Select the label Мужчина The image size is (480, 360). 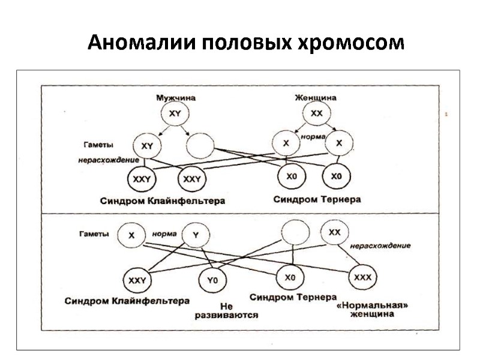pyautogui.click(x=176, y=97)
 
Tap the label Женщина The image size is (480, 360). pyautogui.click(x=315, y=97)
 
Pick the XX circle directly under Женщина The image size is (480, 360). pyautogui.click(x=316, y=113)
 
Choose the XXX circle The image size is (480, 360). pyautogui.click(x=362, y=278)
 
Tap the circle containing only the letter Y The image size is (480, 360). pyautogui.click(x=195, y=235)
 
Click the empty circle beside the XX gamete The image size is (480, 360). pyautogui.click(x=294, y=231)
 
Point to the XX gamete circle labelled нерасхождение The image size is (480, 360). pyautogui.click(x=335, y=232)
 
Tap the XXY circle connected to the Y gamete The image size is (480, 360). pyautogui.click(x=137, y=280)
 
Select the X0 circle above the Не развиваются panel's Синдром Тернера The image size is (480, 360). pyautogui.click(x=290, y=278)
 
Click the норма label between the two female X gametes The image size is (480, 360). pyautogui.click(x=312, y=136)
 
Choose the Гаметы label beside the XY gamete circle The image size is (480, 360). pyautogui.click(x=99, y=145)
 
